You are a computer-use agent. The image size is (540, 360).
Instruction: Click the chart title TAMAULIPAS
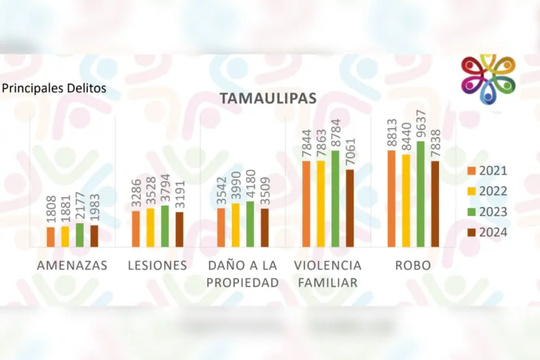coord(268,98)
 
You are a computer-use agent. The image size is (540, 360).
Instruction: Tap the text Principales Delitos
coord(53,87)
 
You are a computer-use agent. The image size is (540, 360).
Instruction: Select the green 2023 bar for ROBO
coord(420,194)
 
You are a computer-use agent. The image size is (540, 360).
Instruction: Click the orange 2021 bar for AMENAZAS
coord(51,236)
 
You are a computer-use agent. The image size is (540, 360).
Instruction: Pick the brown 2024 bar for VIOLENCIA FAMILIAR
coord(350,208)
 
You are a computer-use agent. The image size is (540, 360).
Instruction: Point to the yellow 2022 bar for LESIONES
coord(150,227)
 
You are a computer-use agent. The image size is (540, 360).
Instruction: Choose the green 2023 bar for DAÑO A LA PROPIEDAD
coord(250,224)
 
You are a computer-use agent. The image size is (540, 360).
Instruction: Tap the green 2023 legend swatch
coord(472,212)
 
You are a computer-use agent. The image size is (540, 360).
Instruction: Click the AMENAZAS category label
coord(73,266)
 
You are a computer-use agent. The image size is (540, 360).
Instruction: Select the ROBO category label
coord(412,266)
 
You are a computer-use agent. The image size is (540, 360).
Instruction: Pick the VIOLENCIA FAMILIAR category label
coord(327,274)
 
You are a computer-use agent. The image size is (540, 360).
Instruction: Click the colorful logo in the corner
coord(488,79)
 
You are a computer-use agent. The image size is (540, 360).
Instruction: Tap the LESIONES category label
coord(158,266)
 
